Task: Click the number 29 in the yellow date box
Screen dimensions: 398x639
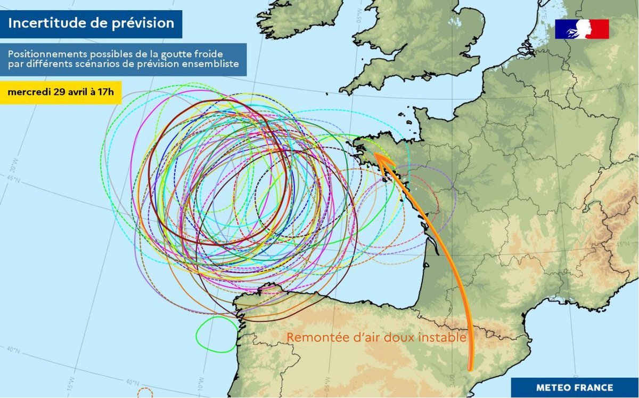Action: coord(59,92)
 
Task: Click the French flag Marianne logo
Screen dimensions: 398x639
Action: coord(581,29)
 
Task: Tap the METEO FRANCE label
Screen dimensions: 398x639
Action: coord(575,387)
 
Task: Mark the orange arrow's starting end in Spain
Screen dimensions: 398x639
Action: coord(470,368)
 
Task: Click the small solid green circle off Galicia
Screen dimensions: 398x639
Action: coord(217,335)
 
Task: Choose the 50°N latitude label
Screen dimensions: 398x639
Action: coord(619,85)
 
